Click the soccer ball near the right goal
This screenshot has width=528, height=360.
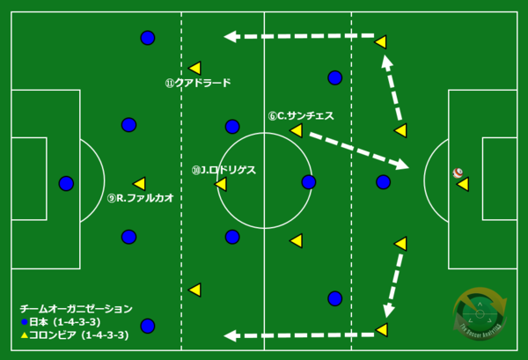[458, 173]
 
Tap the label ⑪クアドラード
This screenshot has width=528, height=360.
[197, 84]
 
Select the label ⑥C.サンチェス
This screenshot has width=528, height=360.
[301, 115]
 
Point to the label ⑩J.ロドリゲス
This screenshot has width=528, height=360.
[224, 170]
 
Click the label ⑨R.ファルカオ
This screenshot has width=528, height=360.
[139, 199]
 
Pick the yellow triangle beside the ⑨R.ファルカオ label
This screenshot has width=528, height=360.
[139, 183]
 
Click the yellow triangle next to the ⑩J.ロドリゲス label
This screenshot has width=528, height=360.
[221, 184]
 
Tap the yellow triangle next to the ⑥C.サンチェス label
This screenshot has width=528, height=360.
[296, 131]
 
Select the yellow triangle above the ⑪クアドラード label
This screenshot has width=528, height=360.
[194, 68]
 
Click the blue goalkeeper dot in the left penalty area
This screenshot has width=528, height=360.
[66, 183]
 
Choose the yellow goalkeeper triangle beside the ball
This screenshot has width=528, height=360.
[462, 184]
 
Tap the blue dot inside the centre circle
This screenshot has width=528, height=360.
[308, 182]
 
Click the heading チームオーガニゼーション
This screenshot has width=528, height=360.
[76, 309]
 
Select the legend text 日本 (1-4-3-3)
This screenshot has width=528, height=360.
[65, 322]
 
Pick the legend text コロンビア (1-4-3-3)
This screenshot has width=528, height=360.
[79, 335]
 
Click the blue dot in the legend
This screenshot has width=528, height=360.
[24, 322]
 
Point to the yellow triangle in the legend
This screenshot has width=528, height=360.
[24, 335]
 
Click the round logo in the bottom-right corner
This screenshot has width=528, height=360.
[480, 312]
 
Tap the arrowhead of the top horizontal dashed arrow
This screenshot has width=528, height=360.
[229, 36]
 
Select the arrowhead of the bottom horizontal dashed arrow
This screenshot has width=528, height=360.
[229, 335]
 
